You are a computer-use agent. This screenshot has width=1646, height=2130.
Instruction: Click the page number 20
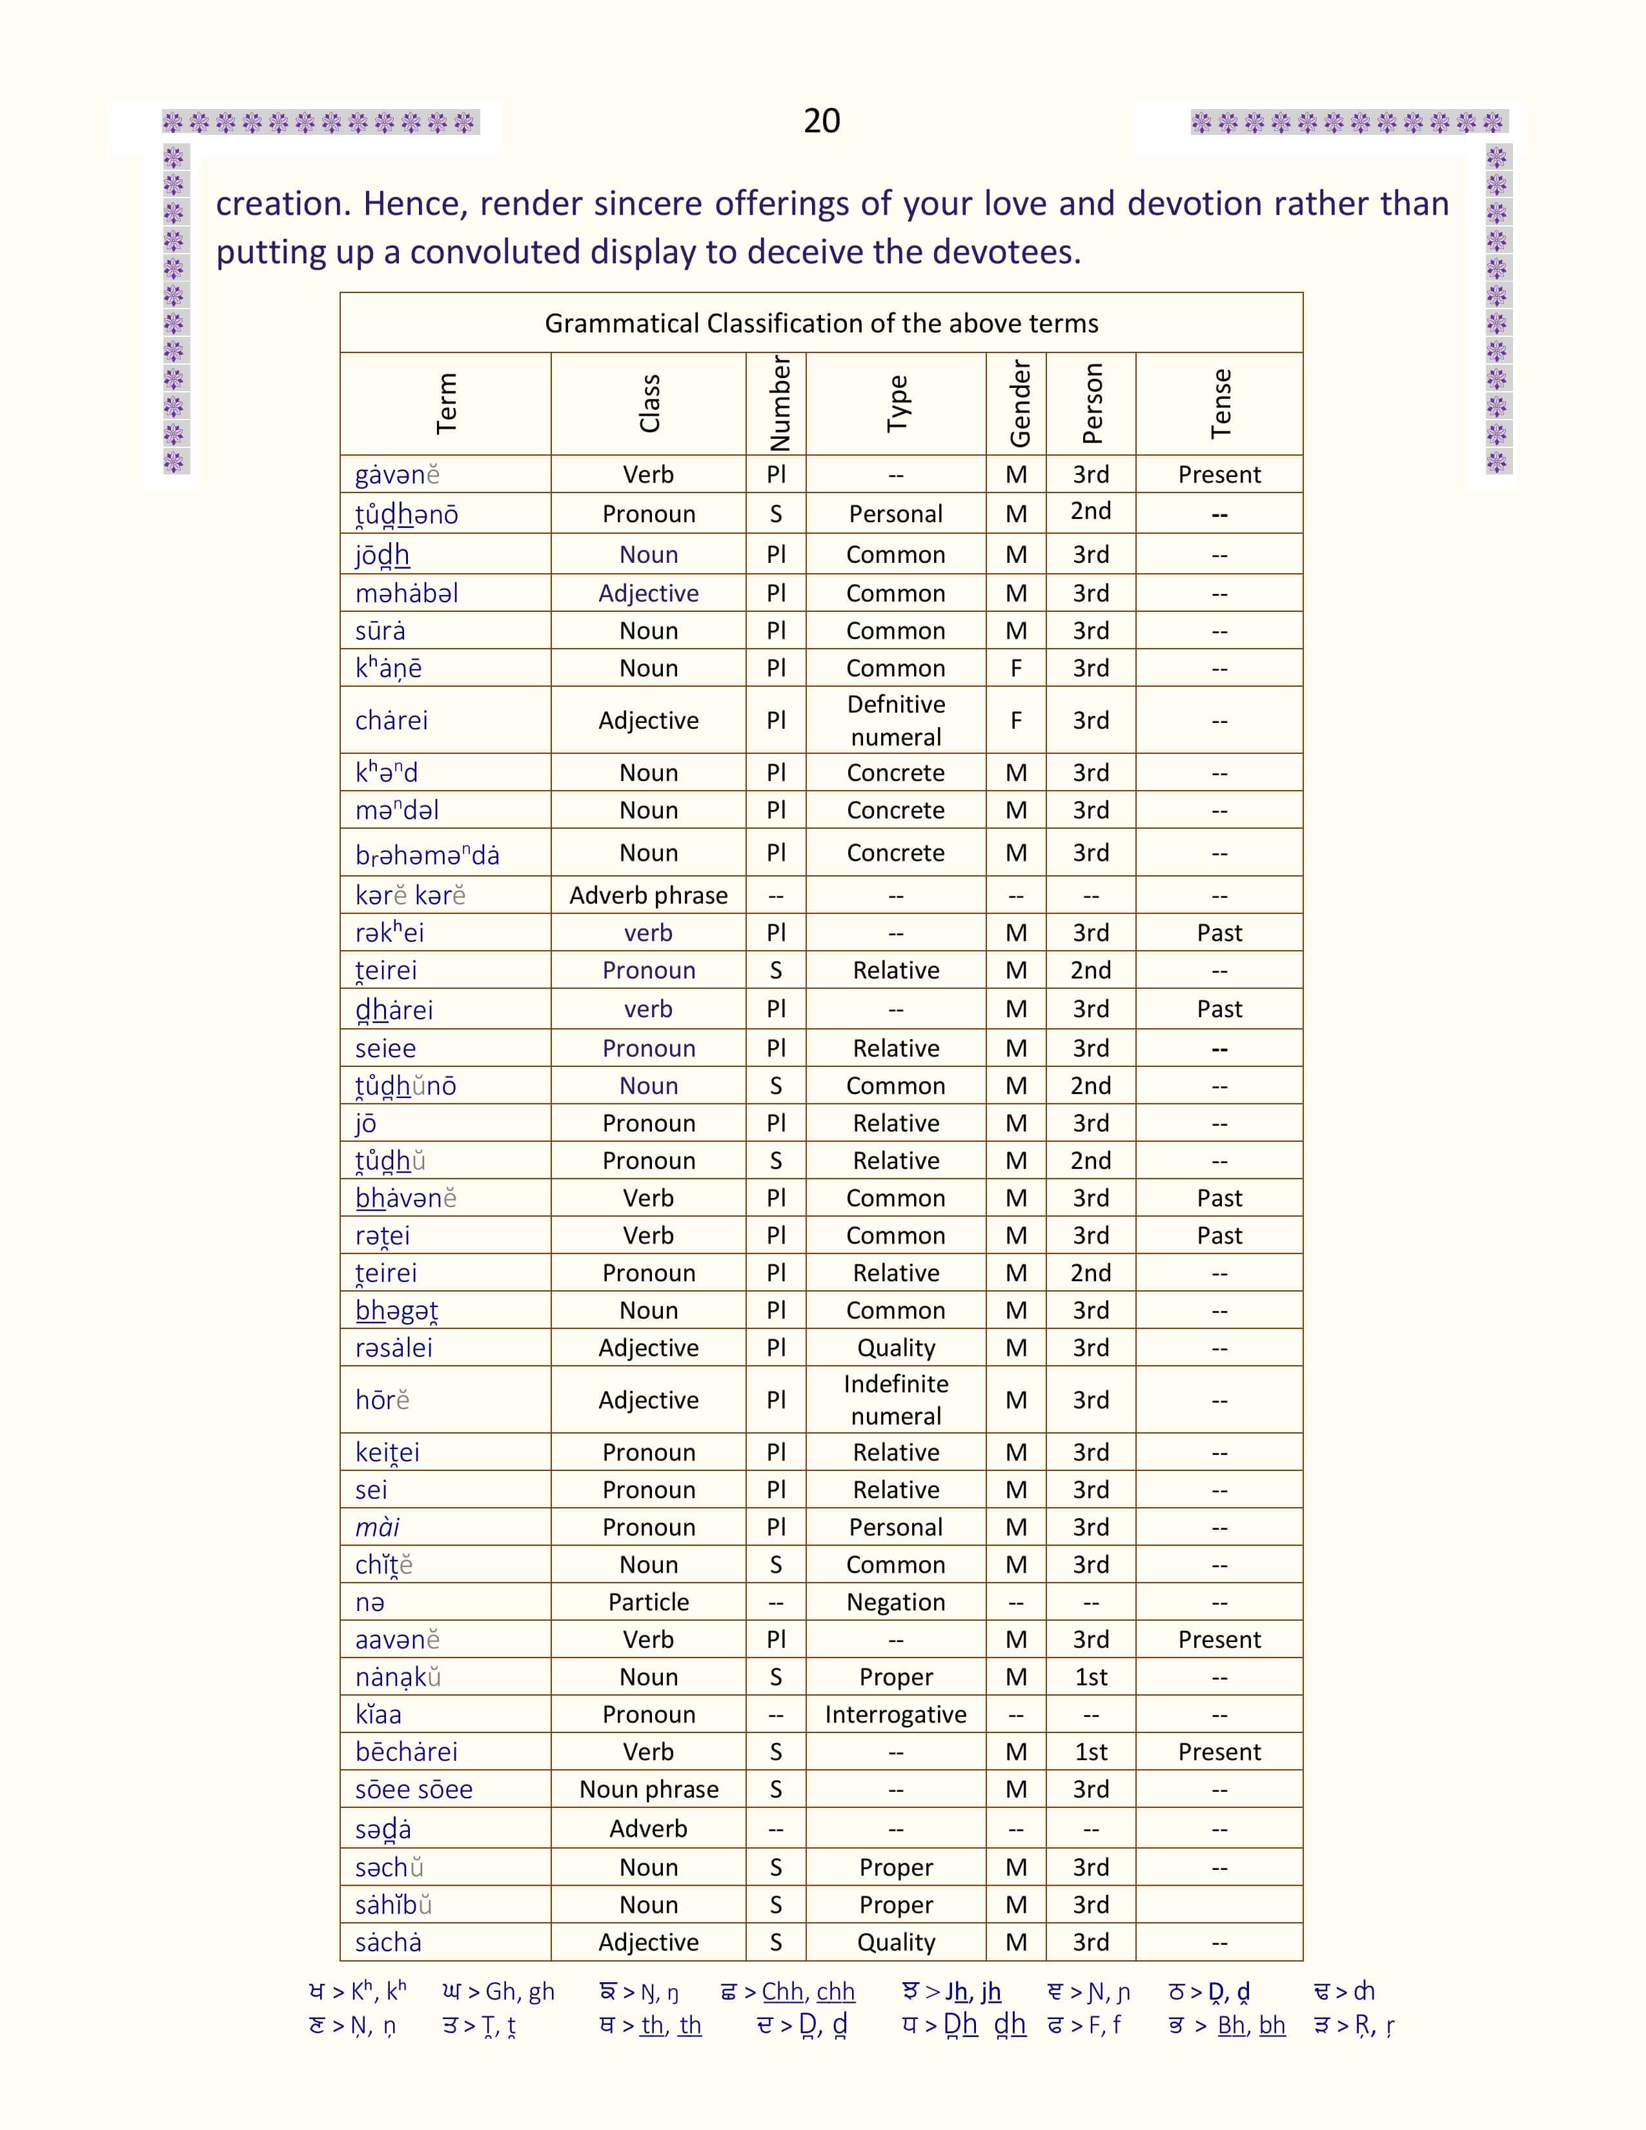pos(821,121)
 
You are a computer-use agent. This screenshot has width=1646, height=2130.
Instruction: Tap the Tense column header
pos(1220,404)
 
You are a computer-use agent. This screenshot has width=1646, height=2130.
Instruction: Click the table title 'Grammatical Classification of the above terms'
pos(821,324)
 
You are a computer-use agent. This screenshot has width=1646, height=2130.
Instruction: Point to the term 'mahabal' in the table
pos(407,593)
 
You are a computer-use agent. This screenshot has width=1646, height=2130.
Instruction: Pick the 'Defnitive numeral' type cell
pos(895,721)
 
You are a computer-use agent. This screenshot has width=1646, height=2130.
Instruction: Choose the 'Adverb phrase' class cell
pos(649,895)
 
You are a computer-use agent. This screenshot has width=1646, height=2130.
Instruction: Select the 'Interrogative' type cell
pos(895,1714)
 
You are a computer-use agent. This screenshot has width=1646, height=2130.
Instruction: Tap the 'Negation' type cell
pos(895,1603)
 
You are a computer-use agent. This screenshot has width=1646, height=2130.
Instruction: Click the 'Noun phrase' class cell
pos(649,1790)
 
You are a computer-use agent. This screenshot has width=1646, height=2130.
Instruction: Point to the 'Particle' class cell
pos(649,1603)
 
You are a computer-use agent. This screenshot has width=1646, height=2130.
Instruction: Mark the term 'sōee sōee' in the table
pos(414,1790)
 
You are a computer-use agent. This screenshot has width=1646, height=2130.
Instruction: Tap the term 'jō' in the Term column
pos(365,1124)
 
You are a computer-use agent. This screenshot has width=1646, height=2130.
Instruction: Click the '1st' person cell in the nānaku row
pos(1090,1678)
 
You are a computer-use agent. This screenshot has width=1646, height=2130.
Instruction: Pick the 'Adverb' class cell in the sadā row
pos(649,1829)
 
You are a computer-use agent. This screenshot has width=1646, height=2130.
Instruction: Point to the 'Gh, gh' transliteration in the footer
pos(520,1991)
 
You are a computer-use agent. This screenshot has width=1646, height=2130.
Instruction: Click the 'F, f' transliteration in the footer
pos(1105,2025)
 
